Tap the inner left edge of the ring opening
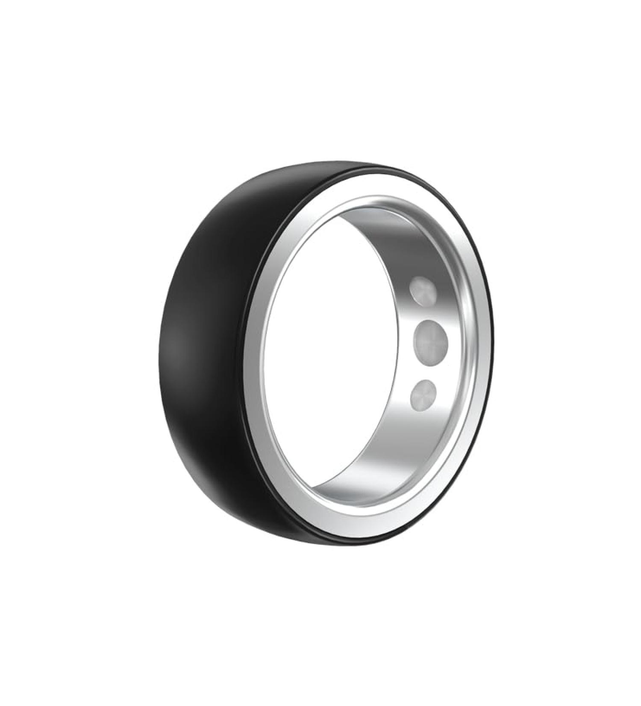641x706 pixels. pos(267,355)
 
